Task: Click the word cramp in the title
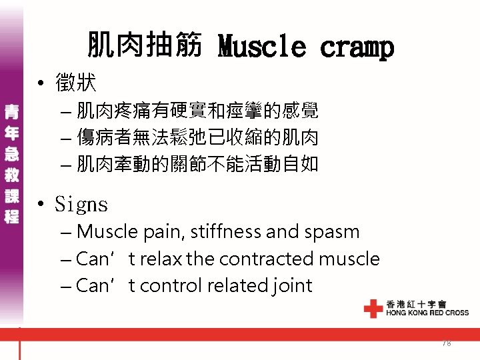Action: (357, 47)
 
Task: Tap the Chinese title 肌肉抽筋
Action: (144, 45)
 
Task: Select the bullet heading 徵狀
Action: (76, 83)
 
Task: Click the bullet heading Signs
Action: (81, 204)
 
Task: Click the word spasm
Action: (331, 232)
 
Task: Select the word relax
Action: (159, 259)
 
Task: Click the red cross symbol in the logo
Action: (373, 308)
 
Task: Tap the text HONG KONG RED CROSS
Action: (427, 313)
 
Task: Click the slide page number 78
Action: (446, 343)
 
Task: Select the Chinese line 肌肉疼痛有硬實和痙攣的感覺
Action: (197, 111)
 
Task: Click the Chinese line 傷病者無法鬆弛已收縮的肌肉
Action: (197, 137)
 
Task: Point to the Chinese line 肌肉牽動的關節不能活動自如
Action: (197, 163)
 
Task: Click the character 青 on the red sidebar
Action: (11, 111)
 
